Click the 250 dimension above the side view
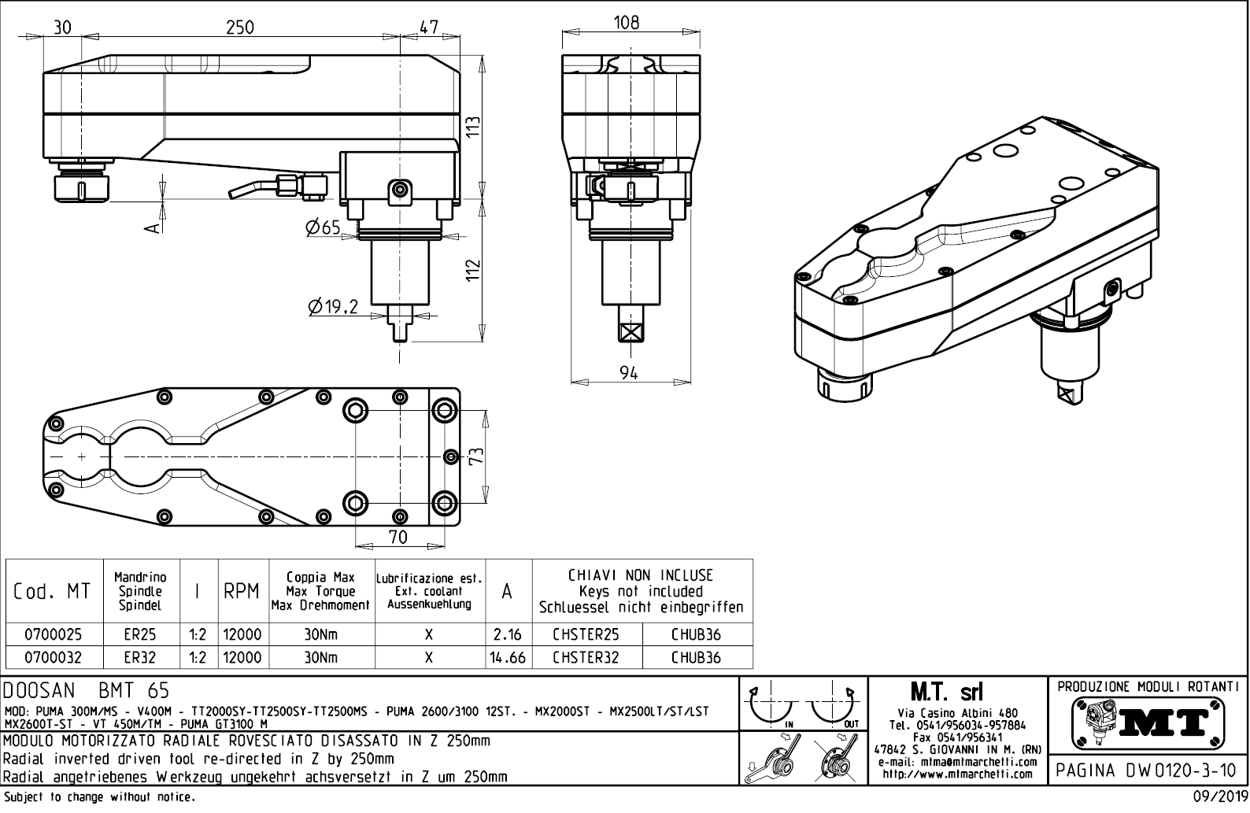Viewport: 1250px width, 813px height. point(240,28)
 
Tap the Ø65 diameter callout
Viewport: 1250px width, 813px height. point(323,228)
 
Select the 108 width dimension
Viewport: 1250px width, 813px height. point(627,23)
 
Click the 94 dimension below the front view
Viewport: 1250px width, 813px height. point(628,374)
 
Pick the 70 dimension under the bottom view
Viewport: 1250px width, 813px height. point(398,537)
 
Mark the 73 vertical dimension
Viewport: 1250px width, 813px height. point(475,456)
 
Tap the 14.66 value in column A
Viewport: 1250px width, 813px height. point(508,657)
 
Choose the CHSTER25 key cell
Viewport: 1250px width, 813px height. point(586,634)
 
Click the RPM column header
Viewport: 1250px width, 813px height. point(242,592)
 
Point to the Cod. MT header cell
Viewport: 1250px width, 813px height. point(53,592)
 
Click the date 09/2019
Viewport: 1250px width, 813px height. point(1219,797)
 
